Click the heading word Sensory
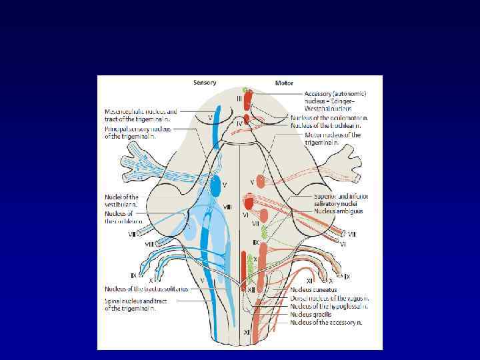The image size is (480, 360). (x=205, y=83)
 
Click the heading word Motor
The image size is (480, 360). (x=284, y=83)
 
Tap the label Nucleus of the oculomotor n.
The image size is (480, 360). (x=329, y=117)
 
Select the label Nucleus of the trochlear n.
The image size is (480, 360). (x=326, y=125)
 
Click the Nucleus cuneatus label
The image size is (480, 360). (x=313, y=291)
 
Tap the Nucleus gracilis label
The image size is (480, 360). (x=310, y=314)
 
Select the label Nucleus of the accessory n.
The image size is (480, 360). (x=326, y=322)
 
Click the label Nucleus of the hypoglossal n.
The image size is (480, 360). (x=327, y=307)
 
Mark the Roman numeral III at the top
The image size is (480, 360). (x=238, y=99)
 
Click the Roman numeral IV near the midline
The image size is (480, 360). (x=239, y=124)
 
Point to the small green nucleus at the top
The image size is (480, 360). (x=245, y=89)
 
